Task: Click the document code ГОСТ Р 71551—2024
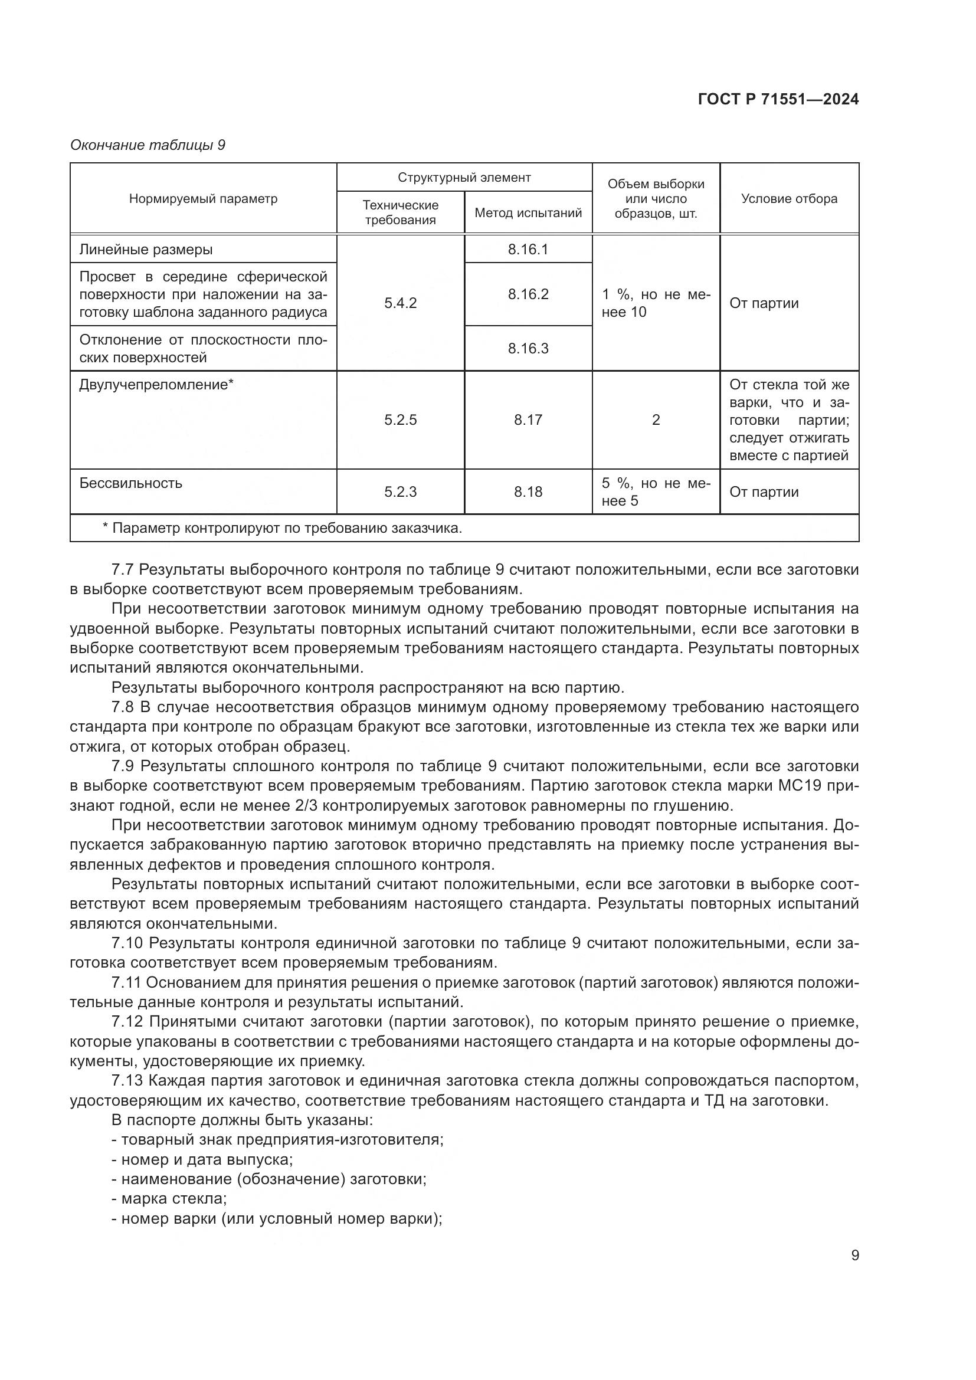point(778,99)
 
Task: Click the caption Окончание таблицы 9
point(148,145)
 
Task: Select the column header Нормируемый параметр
point(203,199)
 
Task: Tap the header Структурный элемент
point(464,178)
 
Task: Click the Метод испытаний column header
point(528,213)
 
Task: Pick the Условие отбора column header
point(788,199)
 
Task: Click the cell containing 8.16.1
point(528,250)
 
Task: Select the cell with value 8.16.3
point(528,349)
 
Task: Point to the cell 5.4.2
point(400,303)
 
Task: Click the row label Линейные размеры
point(146,250)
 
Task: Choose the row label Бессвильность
point(130,483)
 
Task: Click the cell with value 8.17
point(528,419)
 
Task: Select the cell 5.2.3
point(400,491)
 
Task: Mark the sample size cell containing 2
point(656,419)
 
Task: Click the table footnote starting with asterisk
point(283,528)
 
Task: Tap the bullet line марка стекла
point(173,1198)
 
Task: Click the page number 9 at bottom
point(854,1255)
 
